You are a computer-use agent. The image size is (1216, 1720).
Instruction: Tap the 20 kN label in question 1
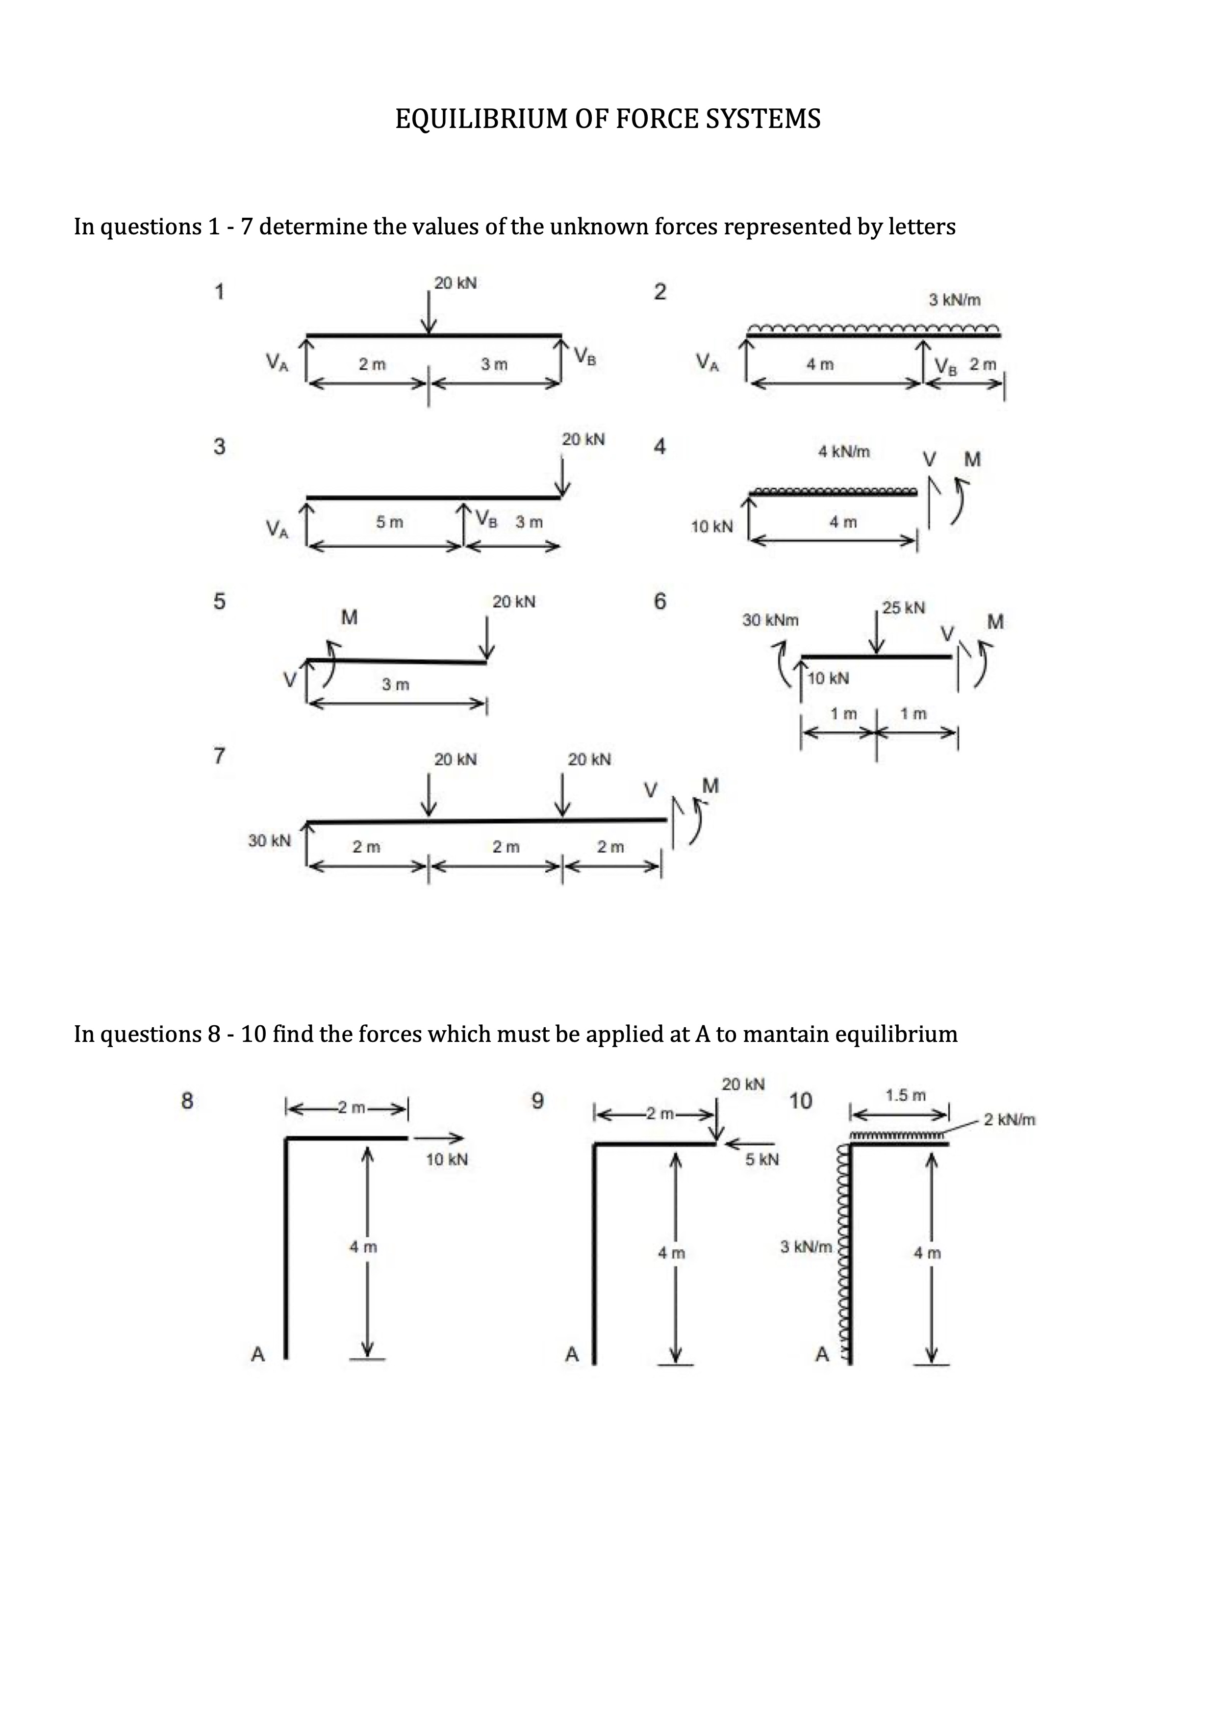[x=455, y=283]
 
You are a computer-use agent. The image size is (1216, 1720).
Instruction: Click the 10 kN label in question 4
[x=711, y=527]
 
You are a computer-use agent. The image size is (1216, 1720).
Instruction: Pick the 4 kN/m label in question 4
[x=844, y=452]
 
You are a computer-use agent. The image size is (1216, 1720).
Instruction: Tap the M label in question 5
[x=349, y=617]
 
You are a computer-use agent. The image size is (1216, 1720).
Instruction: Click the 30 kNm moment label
[x=770, y=620]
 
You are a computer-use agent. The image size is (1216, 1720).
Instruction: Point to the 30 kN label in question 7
[x=269, y=840]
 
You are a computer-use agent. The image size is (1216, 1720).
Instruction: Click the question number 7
[x=219, y=756]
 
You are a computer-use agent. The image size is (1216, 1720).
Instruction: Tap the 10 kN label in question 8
[x=447, y=1160]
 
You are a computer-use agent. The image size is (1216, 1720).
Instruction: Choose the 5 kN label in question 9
[x=762, y=1160]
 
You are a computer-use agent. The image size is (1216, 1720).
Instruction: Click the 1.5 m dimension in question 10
[x=905, y=1095]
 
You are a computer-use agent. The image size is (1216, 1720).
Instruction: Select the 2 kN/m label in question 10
[x=1009, y=1120]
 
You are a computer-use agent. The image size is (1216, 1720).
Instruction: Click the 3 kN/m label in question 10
[x=806, y=1246]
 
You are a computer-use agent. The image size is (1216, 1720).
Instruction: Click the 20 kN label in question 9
[x=743, y=1084]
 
